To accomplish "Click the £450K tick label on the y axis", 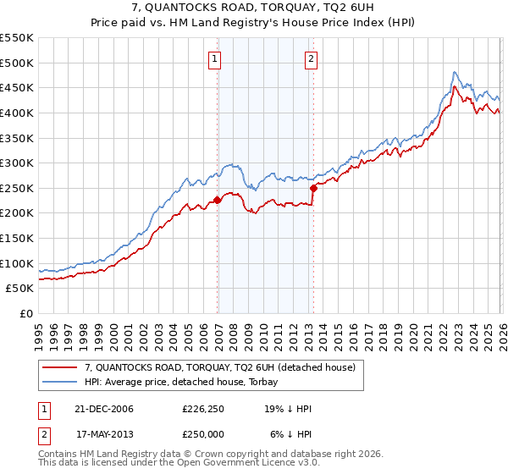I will pyautogui.click(x=17, y=88).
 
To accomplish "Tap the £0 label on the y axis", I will pyautogui.click(x=25, y=313).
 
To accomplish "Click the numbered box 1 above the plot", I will pyautogui.click(x=215, y=58).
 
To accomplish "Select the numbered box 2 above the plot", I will pyautogui.click(x=312, y=58).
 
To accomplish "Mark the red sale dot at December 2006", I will pyautogui.click(x=217, y=200).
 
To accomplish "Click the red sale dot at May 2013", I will pyautogui.click(x=313, y=188).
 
